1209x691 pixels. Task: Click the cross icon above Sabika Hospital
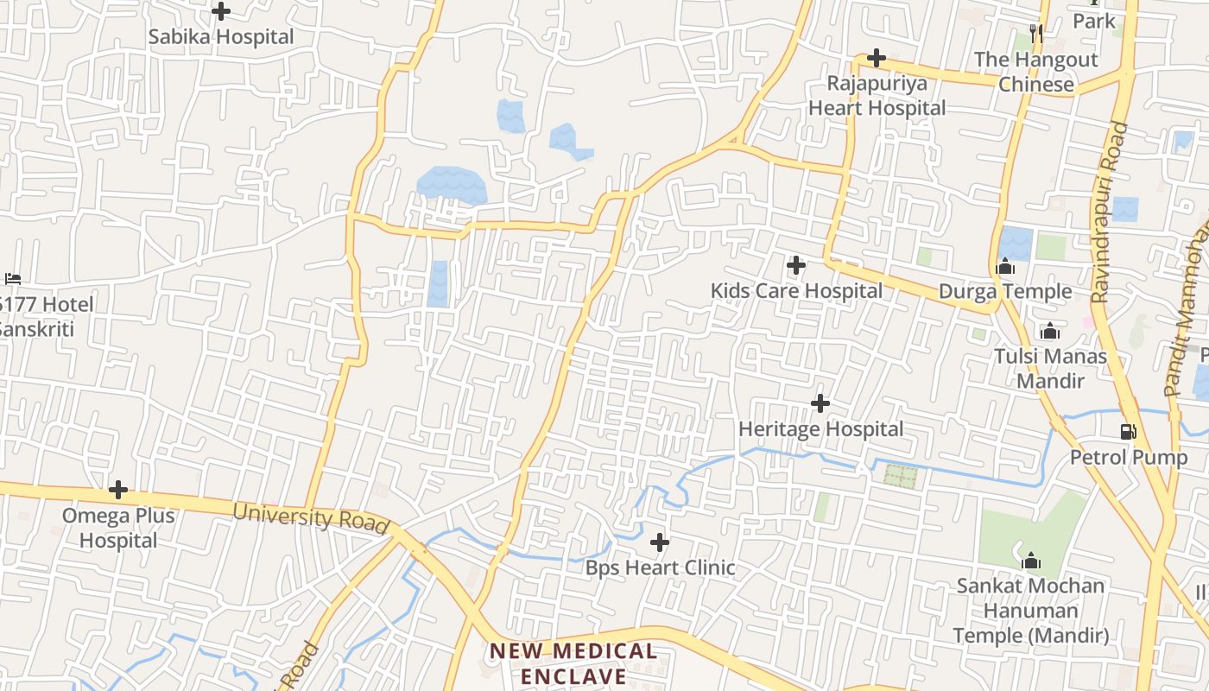coord(221,11)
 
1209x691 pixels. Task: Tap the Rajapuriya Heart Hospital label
coord(877,96)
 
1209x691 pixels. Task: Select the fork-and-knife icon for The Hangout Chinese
coord(1037,34)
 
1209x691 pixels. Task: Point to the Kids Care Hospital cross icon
coord(796,265)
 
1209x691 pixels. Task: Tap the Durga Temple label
coord(1004,291)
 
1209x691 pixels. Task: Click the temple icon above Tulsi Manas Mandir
coord(1049,331)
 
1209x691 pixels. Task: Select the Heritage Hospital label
coord(820,428)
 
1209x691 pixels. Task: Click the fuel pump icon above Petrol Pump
coord(1128,431)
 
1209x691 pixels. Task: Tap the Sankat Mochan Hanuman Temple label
coord(1030,611)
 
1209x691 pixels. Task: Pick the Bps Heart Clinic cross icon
coord(660,542)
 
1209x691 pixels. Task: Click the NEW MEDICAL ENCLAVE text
coord(573,663)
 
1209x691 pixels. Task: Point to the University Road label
coord(311,517)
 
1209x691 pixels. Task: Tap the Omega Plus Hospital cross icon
coord(118,490)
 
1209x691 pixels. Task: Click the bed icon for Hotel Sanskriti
coord(12,279)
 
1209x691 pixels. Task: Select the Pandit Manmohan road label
coord(1188,302)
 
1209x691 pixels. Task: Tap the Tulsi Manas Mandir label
coord(1050,368)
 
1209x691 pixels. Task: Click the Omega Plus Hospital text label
coord(118,528)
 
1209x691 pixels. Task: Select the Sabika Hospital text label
coord(221,37)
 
